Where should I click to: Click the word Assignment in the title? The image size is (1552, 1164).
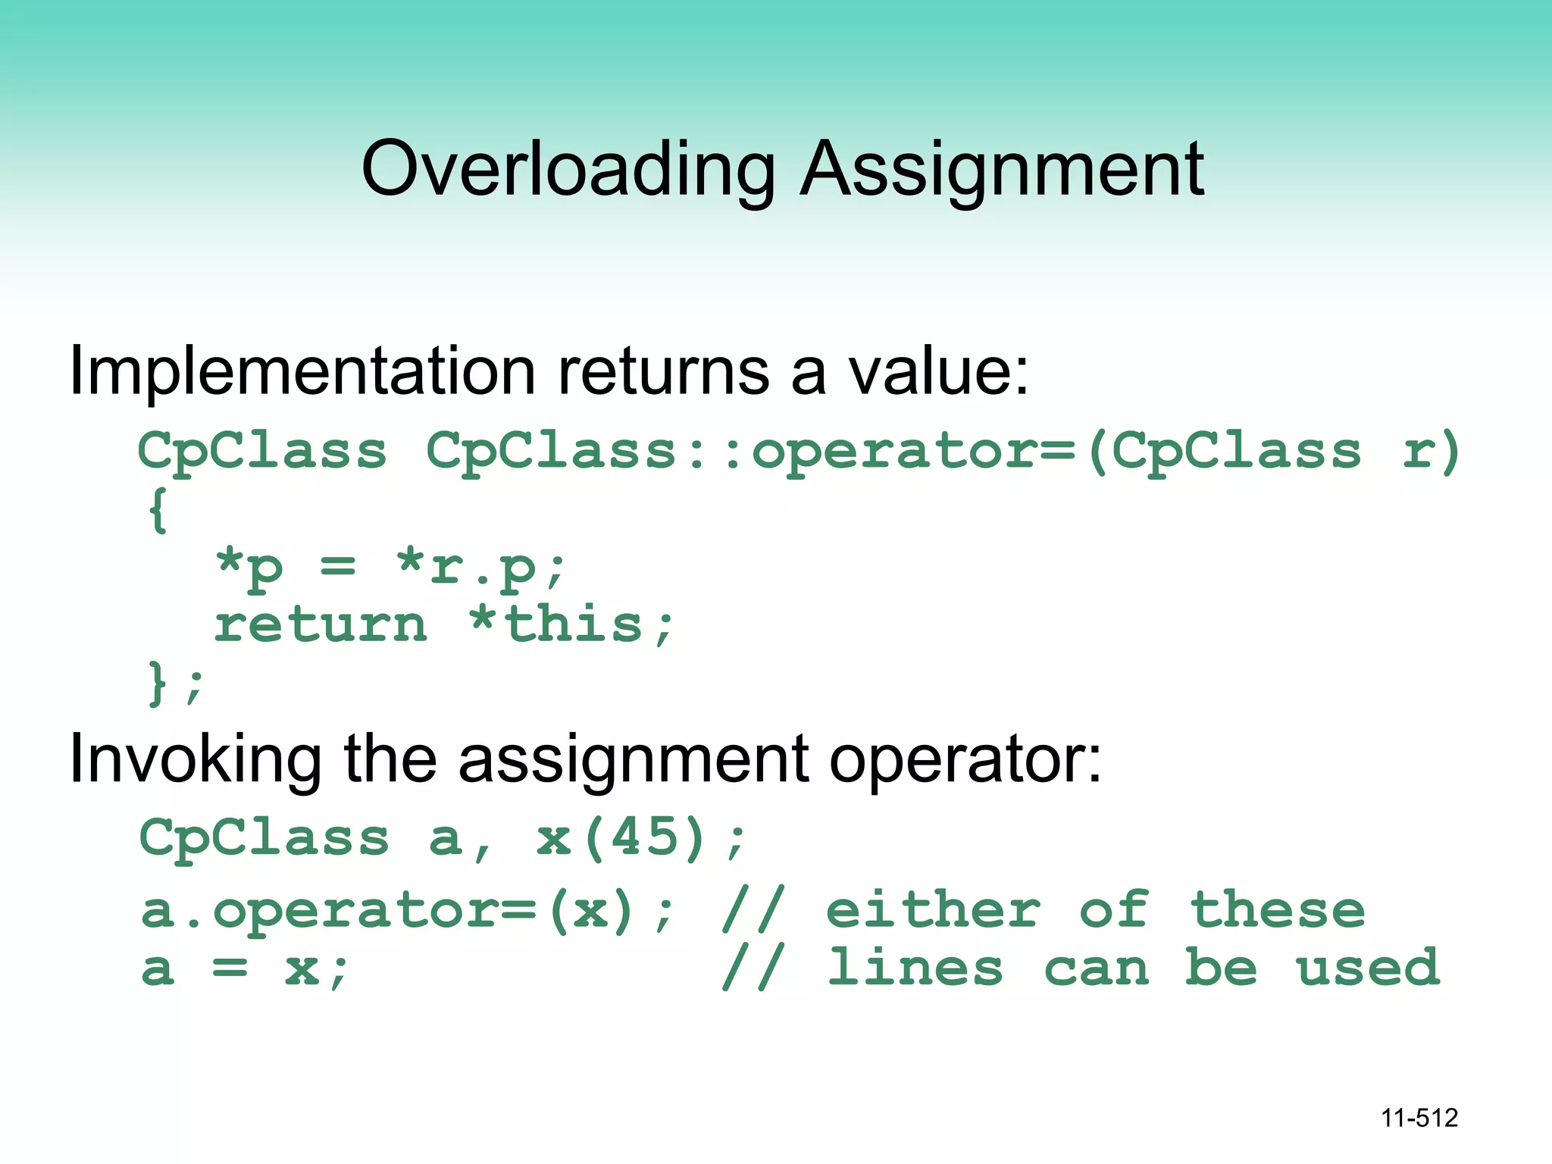(x=1002, y=170)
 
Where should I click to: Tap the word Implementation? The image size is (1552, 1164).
(x=302, y=373)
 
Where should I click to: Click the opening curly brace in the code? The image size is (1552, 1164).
(x=158, y=509)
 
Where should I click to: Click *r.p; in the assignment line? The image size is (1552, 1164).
(x=480, y=567)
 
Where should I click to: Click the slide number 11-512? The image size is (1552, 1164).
(x=1419, y=1118)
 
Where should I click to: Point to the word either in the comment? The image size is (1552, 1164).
(x=933, y=910)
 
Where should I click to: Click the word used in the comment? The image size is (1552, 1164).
(x=1368, y=968)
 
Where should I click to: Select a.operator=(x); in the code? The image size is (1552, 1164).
(x=407, y=910)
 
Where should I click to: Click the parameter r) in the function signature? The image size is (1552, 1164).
(x=1430, y=452)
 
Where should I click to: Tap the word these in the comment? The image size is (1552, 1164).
(x=1277, y=910)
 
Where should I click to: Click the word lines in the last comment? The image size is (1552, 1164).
(x=915, y=968)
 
